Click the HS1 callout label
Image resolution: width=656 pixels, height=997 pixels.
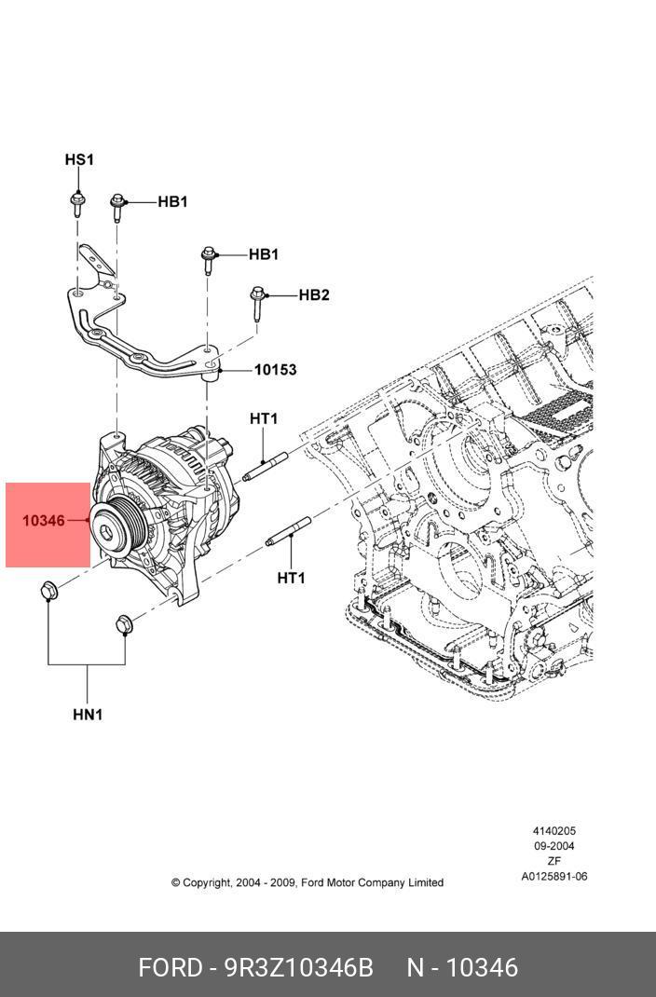(79, 160)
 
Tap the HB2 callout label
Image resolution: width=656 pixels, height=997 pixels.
(314, 295)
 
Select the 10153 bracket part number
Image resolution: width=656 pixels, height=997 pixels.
(275, 370)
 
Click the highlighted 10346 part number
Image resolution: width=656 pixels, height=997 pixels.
(44, 521)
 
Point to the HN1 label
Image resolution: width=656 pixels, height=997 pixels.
(88, 715)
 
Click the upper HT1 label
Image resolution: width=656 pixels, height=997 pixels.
(264, 419)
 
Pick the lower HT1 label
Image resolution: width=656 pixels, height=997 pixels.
(291, 579)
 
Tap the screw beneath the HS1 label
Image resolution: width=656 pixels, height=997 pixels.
(75, 202)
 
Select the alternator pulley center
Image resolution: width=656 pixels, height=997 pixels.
(112, 529)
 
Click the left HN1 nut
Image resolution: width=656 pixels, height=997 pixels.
(49, 591)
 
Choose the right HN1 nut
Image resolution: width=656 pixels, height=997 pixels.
(124, 623)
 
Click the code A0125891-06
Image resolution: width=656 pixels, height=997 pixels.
(553, 876)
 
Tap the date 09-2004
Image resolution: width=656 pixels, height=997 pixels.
(553, 846)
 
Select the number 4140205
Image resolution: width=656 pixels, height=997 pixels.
(553, 831)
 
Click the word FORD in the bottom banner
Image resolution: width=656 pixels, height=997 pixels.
(170, 967)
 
